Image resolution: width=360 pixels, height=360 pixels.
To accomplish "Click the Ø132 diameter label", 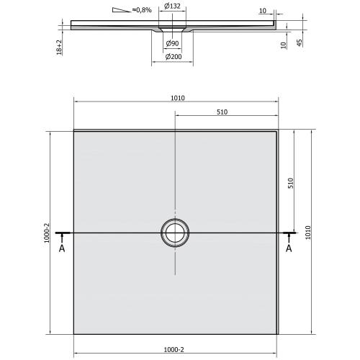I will (172, 6).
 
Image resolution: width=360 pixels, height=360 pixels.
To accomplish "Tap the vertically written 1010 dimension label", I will (308, 232).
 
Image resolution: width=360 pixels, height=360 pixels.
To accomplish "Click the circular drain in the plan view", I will (175, 233).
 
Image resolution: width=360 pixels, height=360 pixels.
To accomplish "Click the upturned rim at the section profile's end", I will (276, 24).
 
